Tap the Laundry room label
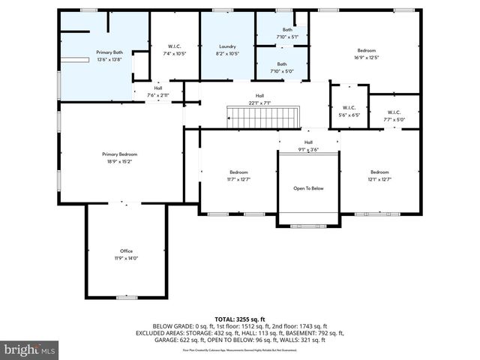pyautogui.click(x=227, y=46)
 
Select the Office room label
pyautogui.click(x=126, y=250)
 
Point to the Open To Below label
pyautogui.click(x=308, y=188)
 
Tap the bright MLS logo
pyautogui.click(x=30, y=349)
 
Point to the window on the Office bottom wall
pyautogui.click(x=126, y=298)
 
